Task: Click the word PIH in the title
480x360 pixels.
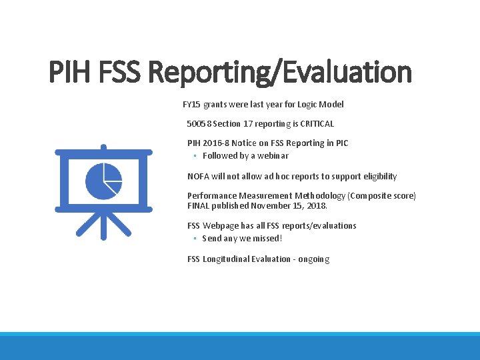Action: point(73,72)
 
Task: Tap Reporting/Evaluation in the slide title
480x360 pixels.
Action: point(281,72)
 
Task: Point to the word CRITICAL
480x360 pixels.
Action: point(317,123)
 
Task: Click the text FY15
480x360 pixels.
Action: point(191,104)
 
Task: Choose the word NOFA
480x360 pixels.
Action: point(198,176)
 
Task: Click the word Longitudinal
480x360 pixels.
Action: point(226,259)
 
